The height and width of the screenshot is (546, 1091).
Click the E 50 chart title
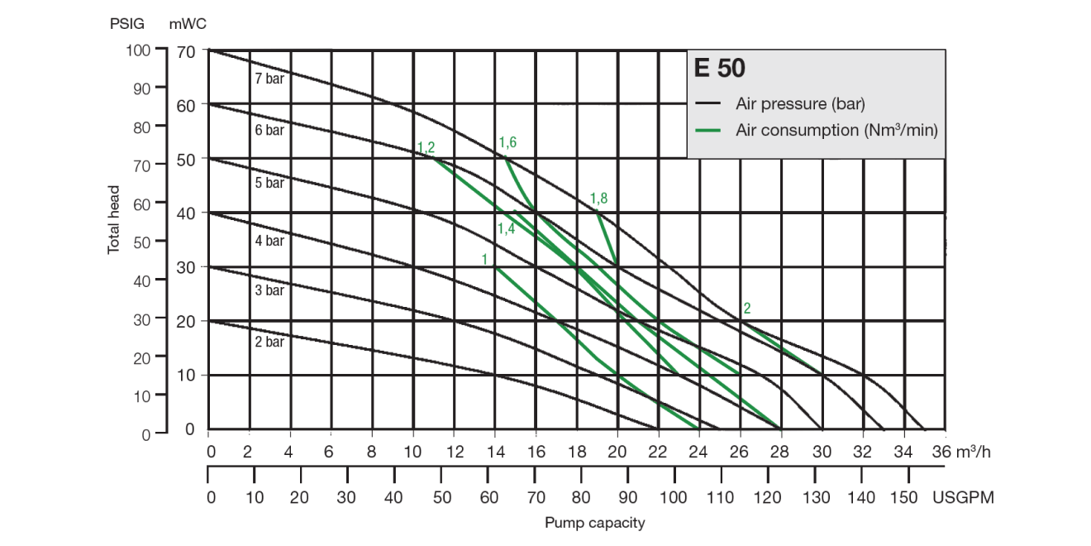tap(720, 69)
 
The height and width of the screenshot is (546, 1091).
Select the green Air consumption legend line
tap(710, 131)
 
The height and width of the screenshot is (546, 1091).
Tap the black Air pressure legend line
tap(710, 104)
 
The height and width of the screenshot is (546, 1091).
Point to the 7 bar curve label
tap(269, 79)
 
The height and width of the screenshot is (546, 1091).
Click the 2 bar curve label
tap(269, 342)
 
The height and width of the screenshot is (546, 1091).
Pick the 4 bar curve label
tap(269, 242)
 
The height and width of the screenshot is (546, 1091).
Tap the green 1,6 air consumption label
tap(507, 142)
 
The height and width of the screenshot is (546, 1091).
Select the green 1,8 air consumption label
tap(598, 199)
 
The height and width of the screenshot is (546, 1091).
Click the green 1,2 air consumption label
tap(426, 147)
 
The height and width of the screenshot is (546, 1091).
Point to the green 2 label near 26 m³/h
tap(747, 309)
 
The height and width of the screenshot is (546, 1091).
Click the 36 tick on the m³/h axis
tap(942, 453)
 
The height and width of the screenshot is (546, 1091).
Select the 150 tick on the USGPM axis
tap(908, 497)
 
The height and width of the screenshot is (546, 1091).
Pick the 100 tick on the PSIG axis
tap(138, 50)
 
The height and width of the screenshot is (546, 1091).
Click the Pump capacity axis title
tap(594, 523)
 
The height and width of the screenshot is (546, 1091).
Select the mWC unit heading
tap(188, 23)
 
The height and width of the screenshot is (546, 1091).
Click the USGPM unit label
tap(963, 497)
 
